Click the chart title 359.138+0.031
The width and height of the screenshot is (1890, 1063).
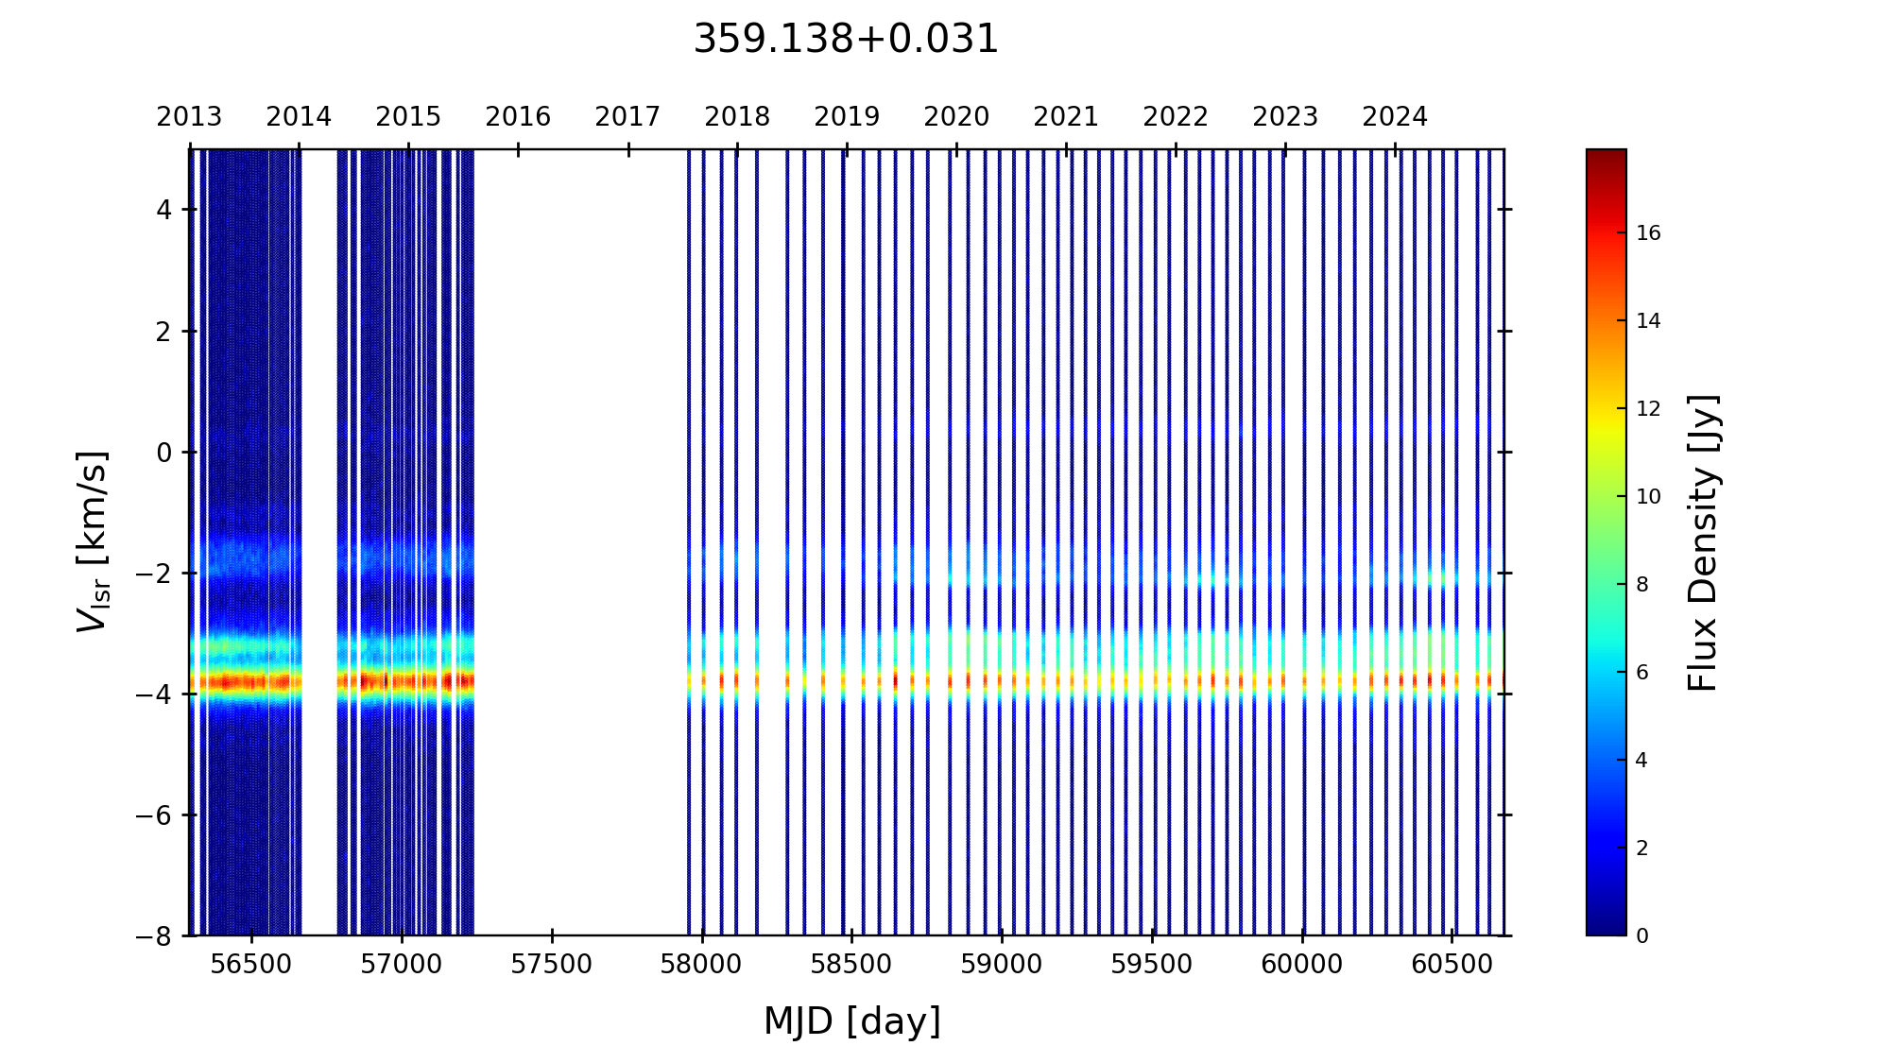point(846,40)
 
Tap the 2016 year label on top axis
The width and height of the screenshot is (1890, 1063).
point(518,117)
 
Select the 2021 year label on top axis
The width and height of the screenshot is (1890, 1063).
point(1066,117)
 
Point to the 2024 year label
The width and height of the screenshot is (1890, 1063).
point(1395,117)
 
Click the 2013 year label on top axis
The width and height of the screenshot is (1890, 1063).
point(189,117)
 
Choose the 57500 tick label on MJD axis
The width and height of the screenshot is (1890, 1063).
point(552,965)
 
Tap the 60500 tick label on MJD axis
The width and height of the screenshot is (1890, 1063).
point(1452,965)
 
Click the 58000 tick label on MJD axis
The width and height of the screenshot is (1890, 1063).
point(701,965)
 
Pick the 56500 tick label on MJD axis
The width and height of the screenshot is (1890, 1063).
point(251,965)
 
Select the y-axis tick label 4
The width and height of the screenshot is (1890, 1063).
point(164,210)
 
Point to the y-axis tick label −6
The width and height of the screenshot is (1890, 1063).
point(155,815)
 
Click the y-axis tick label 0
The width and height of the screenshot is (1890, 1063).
point(164,453)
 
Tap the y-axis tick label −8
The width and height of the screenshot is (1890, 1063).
point(155,936)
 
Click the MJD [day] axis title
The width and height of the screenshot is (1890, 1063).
point(852,1021)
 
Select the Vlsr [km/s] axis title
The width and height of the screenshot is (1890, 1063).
point(93,541)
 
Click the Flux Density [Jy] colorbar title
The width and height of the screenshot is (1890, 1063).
point(1703,542)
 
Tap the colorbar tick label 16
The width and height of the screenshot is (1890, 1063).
point(1648,233)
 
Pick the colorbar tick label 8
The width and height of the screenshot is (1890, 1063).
point(1642,585)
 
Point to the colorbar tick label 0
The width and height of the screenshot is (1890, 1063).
point(1642,936)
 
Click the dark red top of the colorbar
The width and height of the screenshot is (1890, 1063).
point(1606,156)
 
